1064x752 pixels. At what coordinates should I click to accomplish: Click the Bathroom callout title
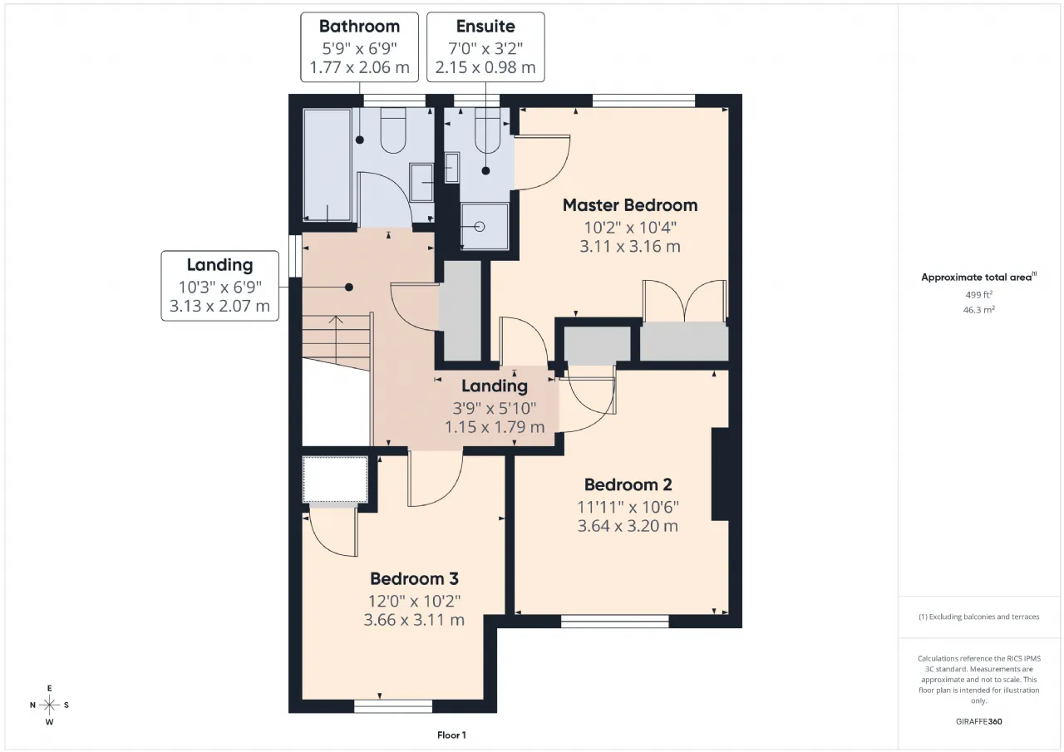pyautogui.click(x=359, y=27)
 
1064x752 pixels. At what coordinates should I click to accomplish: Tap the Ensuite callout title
pyautogui.click(x=485, y=27)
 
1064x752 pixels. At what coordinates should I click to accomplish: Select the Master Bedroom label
pyautogui.click(x=630, y=205)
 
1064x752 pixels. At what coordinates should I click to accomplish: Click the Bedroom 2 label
pyautogui.click(x=628, y=484)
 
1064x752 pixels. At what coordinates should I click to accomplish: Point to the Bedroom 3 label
pyautogui.click(x=414, y=578)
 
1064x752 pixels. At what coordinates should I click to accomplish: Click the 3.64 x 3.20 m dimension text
pyautogui.click(x=628, y=526)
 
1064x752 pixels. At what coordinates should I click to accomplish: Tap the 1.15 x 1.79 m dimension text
pyautogui.click(x=495, y=427)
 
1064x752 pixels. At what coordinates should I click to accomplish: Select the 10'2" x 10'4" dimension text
pyautogui.click(x=630, y=228)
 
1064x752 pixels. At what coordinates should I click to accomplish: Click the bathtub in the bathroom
pyautogui.click(x=328, y=165)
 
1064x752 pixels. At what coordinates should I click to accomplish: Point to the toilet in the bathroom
pyautogui.click(x=393, y=130)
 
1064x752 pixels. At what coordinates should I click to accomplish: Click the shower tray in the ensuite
pyautogui.click(x=485, y=227)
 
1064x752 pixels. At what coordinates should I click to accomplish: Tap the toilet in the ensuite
pyautogui.click(x=487, y=130)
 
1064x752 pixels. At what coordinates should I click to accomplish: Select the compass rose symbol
pyautogui.click(x=49, y=705)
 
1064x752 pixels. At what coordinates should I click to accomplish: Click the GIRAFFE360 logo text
pyautogui.click(x=979, y=721)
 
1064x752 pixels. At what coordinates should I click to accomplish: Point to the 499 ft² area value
pyautogui.click(x=979, y=295)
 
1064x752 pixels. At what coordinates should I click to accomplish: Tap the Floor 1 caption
pyautogui.click(x=451, y=735)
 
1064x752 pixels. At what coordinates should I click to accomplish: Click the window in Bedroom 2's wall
pyautogui.click(x=614, y=621)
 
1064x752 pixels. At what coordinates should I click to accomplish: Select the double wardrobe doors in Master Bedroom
pyautogui.click(x=684, y=301)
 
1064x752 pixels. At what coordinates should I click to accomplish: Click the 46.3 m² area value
pyautogui.click(x=979, y=310)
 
